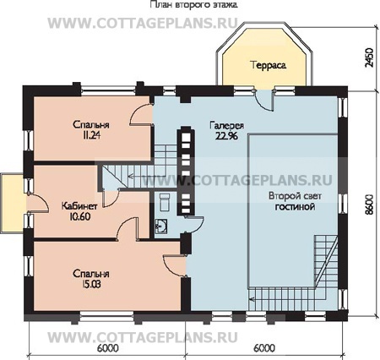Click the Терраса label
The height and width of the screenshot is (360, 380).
pyautogui.click(x=269, y=65)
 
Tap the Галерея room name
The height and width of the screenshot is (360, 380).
pyautogui.click(x=226, y=126)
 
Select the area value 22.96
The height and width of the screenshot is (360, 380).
pyautogui.click(x=226, y=136)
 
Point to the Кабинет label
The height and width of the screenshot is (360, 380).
pyautogui.click(x=79, y=206)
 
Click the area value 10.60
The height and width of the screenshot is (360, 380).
pyautogui.click(x=79, y=216)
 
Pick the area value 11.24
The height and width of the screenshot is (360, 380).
pyautogui.click(x=91, y=135)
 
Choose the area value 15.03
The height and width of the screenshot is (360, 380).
pyautogui.click(x=90, y=284)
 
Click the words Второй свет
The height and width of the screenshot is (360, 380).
pyautogui.click(x=295, y=196)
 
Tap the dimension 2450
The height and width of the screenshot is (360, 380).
pyautogui.click(x=369, y=57)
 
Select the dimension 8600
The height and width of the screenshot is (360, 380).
pyautogui.click(x=369, y=205)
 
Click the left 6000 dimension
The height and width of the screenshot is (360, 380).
pyautogui.click(x=108, y=348)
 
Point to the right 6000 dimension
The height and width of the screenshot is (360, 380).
pyautogui.click(x=264, y=348)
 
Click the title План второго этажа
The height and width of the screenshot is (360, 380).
pyautogui.click(x=193, y=4)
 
